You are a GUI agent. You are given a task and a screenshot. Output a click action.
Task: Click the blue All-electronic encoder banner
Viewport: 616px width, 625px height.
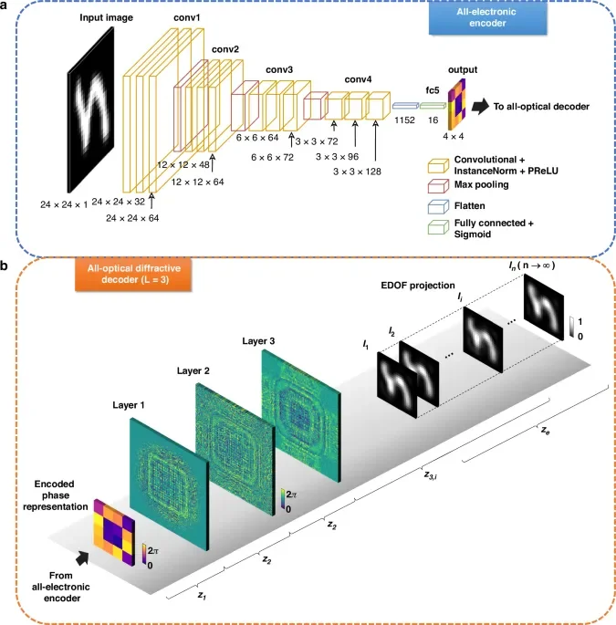[x=487, y=18]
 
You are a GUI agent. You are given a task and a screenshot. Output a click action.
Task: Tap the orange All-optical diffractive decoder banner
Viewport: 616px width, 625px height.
[x=133, y=275]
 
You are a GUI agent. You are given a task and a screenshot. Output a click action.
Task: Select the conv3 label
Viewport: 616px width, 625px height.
[x=279, y=69]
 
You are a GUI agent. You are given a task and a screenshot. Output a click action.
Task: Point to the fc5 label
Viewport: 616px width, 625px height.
[x=433, y=90]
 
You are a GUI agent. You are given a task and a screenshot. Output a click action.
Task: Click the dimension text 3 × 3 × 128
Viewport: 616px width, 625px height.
[x=357, y=172]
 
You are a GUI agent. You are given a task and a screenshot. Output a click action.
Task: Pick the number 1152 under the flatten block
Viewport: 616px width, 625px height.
[x=404, y=120]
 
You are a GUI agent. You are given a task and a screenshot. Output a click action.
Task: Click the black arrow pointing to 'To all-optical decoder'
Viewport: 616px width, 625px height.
[x=480, y=107]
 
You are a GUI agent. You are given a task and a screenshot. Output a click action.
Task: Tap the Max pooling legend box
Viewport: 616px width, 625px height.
[x=438, y=186]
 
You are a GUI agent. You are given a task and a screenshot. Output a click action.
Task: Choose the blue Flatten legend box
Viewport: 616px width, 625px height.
[x=438, y=207]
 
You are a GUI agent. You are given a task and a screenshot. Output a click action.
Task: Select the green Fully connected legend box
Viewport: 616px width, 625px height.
[x=438, y=227]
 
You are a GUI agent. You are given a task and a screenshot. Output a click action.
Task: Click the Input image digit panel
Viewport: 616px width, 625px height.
[x=91, y=109]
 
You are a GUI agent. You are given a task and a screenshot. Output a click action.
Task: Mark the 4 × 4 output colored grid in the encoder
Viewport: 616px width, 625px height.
[x=456, y=104]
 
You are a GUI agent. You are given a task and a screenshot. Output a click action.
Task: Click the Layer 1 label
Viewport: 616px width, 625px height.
[x=129, y=405]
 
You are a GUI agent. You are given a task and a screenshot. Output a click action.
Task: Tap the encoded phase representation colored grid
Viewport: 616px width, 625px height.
[x=114, y=532]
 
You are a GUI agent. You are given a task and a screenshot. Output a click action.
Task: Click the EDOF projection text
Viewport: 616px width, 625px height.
[x=418, y=286]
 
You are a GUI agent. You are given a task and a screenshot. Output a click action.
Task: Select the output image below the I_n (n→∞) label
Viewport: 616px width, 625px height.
[x=544, y=307]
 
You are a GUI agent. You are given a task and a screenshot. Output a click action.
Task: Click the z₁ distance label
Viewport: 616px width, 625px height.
[x=203, y=596]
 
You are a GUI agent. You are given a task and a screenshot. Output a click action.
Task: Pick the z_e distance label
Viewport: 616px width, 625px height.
[x=546, y=430]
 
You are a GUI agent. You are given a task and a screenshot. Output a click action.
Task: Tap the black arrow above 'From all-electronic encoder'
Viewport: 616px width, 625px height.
[x=82, y=558]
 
